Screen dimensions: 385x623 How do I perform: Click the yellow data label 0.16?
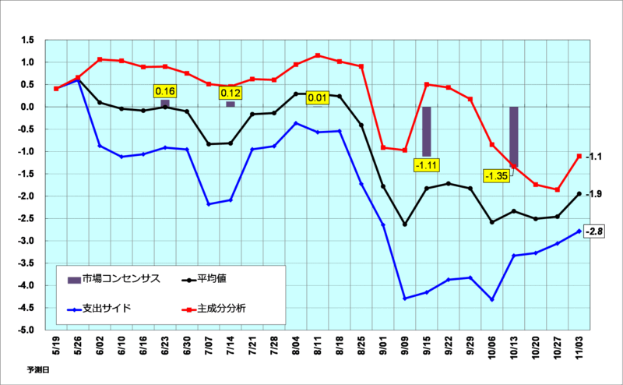pyautogui.click(x=165, y=91)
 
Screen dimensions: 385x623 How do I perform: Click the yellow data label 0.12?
pyautogui.click(x=231, y=94)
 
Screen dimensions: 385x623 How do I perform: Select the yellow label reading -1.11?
pyautogui.click(x=428, y=164)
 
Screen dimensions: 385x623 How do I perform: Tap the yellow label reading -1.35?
pyautogui.click(x=496, y=176)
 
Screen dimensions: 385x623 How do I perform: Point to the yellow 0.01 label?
pyautogui.click(x=318, y=98)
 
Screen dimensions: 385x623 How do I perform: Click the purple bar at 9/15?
pyautogui.click(x=427, y=131)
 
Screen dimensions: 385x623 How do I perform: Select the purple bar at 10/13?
pyautogui.click(x=514, y=136)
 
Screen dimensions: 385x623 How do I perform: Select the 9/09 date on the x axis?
pyautogui.click(x=405, y=344)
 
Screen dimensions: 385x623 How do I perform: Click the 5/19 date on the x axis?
pyautogui.click(x=56, y=344)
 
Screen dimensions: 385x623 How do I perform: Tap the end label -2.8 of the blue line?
pyautogui.click(x=596, y=231)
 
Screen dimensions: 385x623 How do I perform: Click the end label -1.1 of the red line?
pyautogui.click(x=594, y=157)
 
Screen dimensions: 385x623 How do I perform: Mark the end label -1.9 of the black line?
pyautogui.click(x=594, y=194)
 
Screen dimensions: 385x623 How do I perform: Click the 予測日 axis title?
pyautogui.click(x=37, y=371)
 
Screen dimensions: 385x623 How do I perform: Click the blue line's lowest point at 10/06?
pyautogui.click(x=492, y=299)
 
